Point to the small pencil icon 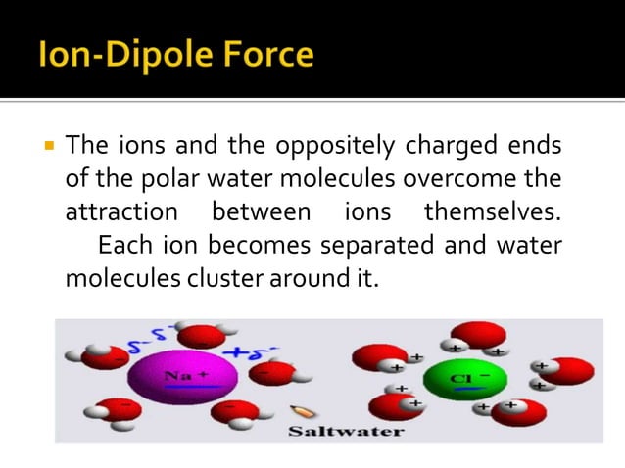point(299,414)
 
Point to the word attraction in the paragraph point(121,211)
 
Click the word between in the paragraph point(261,211)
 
